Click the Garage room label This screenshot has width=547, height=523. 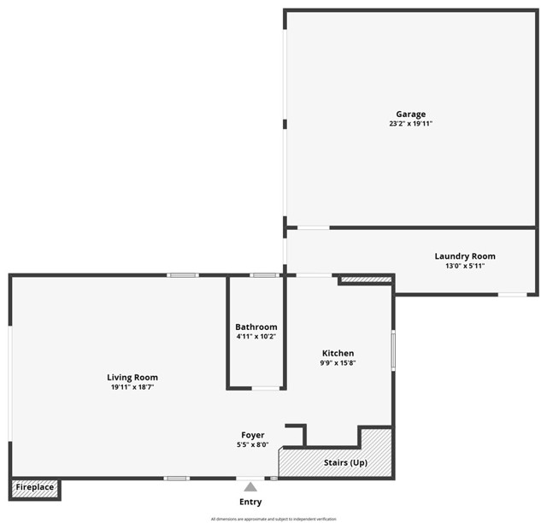[x=410, y=114]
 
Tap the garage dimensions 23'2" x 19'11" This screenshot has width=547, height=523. [x=410, y=124]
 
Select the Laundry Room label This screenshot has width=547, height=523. [x=464, y=256]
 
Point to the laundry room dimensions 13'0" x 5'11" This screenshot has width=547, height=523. [x=464, y=266]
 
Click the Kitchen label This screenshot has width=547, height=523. [x=338, y=353]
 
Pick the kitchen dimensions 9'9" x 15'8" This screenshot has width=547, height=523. [x=338, y=363]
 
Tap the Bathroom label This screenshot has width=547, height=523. [x=256, y=327]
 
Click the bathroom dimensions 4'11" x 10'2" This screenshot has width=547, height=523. [x=256, y=337]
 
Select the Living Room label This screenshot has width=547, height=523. [x=132, y=377]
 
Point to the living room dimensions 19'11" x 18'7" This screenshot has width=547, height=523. [x=132, y=387]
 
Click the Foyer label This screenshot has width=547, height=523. [x=252, y=435]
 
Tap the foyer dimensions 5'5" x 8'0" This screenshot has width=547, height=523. [x=252, y=444]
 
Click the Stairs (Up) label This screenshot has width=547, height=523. [x=345, y=463]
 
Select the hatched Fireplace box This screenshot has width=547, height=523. [x=35, y=488]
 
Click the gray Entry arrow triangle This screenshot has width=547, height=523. [x=250, y=486]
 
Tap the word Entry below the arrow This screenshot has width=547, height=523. [x=250, y=502]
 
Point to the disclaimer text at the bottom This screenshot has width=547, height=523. [x=273, y=519]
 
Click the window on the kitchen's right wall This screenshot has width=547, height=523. [x=393, y=350]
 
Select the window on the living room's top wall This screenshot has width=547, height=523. [x=182, y=275]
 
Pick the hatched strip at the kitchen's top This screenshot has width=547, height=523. [x=365, y=279]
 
